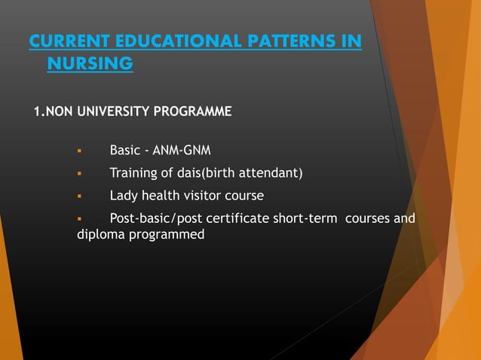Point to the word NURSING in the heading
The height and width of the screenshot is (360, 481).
[x=90, y=65]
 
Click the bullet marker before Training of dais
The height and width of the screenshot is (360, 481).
[x=79, y=174]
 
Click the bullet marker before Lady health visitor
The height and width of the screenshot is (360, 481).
[x=79, y=197]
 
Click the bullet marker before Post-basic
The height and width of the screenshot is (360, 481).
[x=79, y=219]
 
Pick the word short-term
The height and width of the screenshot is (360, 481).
[x=308, y=219]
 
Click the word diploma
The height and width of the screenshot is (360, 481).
[x=99, y=235]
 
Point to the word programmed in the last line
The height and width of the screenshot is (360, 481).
[x=165, y=236]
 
